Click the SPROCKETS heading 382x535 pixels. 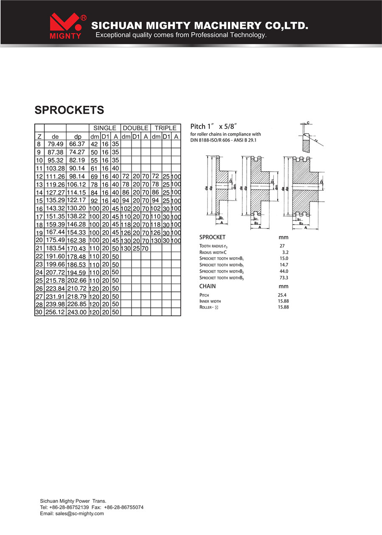69,110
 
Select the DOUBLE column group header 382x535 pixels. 135,128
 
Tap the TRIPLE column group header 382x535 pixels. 166,128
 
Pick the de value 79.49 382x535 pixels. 55,144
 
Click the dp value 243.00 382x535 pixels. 77,312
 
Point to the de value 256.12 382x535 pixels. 55,312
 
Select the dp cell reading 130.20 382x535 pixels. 76,208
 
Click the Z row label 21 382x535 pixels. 39,248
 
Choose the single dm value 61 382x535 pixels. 94,169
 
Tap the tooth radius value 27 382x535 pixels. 282,246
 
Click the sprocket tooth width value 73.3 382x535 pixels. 284,278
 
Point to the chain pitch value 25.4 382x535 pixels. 282,295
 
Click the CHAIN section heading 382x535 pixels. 208,286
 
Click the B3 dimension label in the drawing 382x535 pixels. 301,223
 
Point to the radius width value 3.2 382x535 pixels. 285,252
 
